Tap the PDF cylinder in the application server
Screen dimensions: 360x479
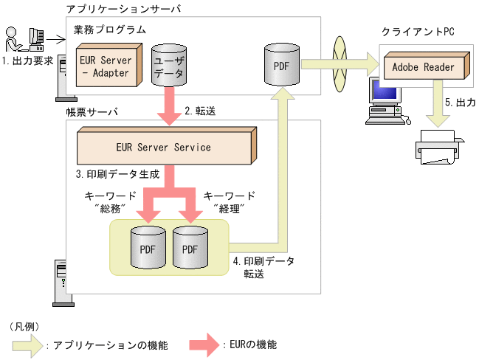pos(281,66)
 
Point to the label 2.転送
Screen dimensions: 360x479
pos(200,111)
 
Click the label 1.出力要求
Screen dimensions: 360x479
pos(27,61)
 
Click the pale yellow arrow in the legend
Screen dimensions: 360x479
pos(27,345)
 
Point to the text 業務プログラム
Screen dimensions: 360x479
pos(109,30)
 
